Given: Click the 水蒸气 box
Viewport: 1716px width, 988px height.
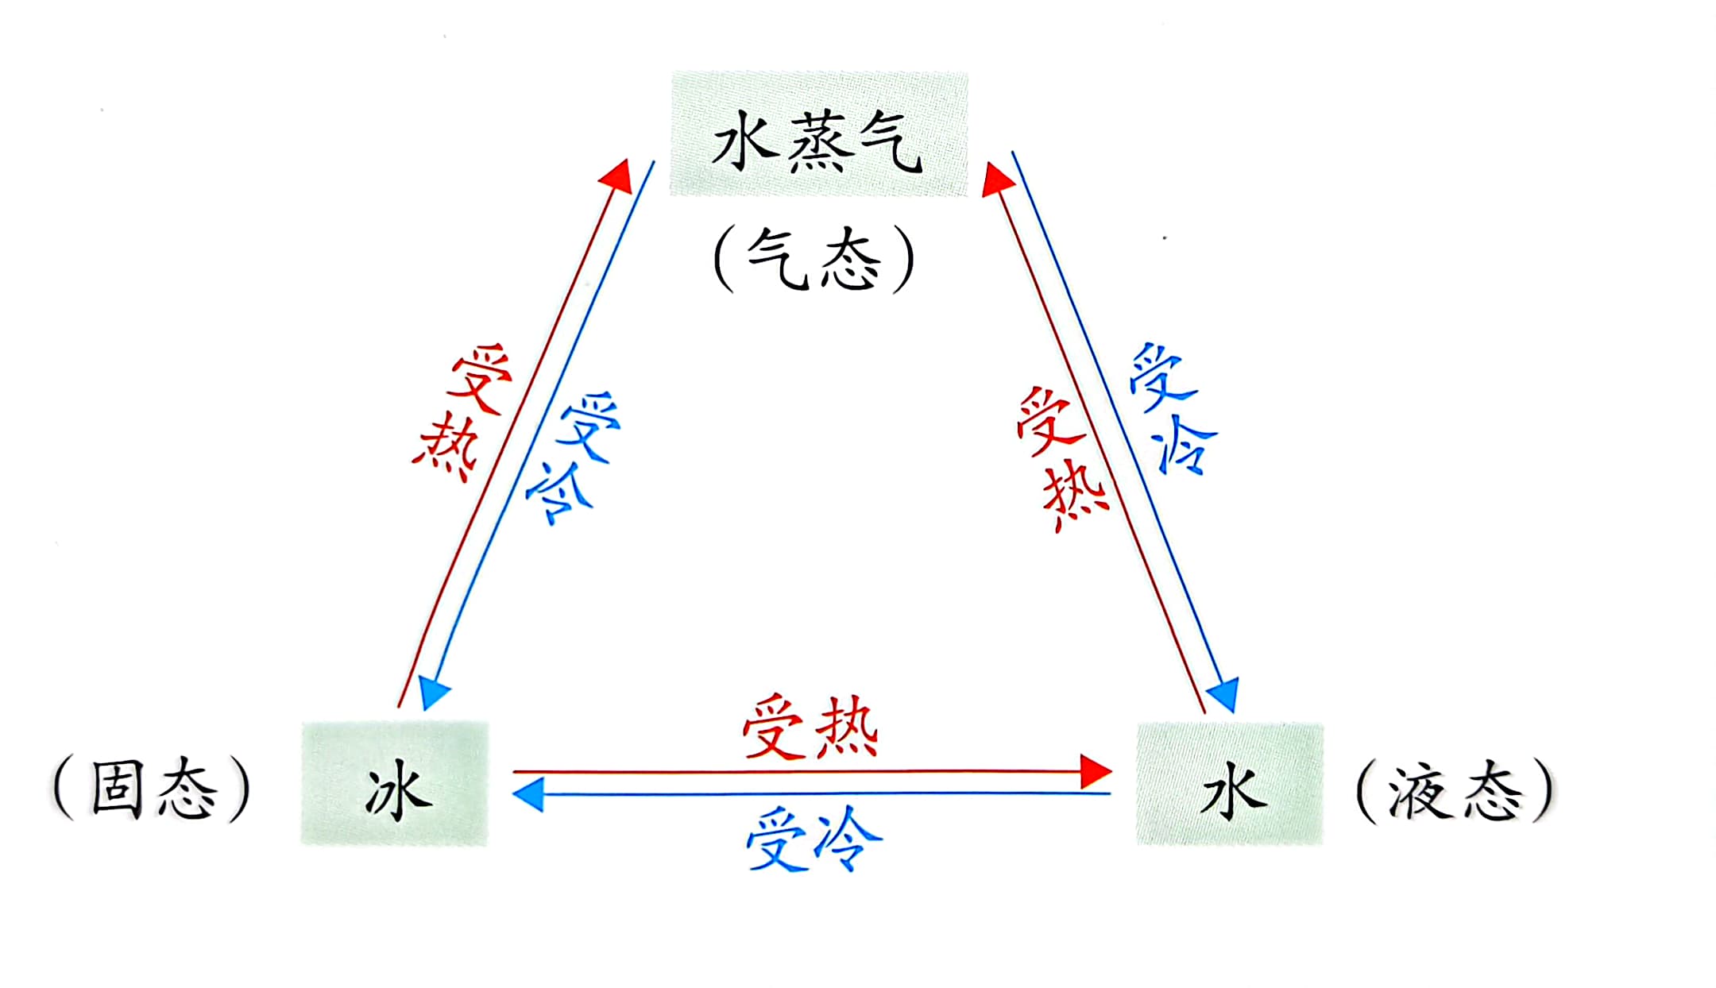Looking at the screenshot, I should pos(818,133).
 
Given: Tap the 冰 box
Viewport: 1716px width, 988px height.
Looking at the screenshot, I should pos(394,784).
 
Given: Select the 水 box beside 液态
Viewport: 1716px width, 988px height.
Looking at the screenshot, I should pos(1230,784).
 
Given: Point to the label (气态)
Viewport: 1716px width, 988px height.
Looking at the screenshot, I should pos(814,259).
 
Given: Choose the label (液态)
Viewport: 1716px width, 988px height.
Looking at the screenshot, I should pos(1455,790).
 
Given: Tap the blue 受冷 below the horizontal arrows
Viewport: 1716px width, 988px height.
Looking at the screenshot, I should pos(814,839).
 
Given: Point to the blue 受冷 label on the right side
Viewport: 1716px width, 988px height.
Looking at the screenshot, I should pos(1173,410).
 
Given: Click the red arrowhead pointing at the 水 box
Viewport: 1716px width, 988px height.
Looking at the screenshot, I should pos(1096,771).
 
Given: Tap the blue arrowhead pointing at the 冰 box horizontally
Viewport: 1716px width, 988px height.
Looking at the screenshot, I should pos(529,794).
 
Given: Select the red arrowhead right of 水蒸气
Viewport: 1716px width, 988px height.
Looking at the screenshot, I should pos(996,179).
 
